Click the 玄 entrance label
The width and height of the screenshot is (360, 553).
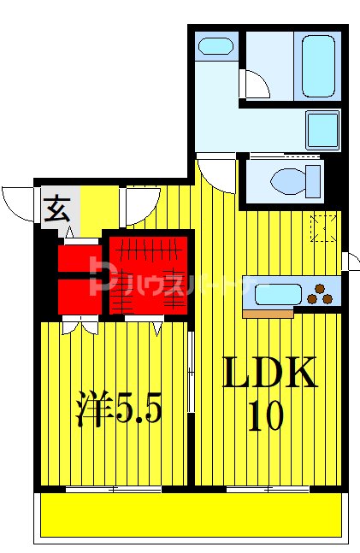[57, 209]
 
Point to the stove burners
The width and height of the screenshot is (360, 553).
[322, 293]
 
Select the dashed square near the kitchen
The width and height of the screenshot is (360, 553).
[323, 228]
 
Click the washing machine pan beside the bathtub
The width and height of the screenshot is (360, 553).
[322, 130]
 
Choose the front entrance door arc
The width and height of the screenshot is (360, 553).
[19, 202]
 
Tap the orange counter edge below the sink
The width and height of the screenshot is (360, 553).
[268, 314]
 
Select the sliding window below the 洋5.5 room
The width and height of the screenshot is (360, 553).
[114, 490]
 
